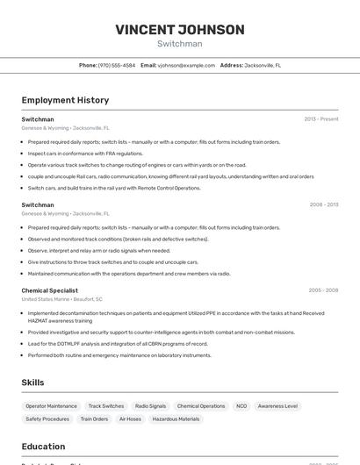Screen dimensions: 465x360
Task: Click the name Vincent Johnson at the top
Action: pos(180,30)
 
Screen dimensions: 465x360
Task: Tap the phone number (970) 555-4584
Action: pos(116,65)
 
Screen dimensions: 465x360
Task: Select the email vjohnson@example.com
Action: pos(186,65)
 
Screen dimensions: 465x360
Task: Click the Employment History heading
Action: pos(65,100)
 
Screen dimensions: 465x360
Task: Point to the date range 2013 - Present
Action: pos(320,118)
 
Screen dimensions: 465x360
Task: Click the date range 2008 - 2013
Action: pos(323,204)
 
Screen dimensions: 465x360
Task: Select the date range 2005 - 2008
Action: pos(323,290)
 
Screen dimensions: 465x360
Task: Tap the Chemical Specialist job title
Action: pos(49,290)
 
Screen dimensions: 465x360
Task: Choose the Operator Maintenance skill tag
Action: pos(51,406)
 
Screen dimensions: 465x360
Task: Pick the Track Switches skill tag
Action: pos(106,406)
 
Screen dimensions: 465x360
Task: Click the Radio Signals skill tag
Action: pos(150,406)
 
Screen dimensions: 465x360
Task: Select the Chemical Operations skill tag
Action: pos(201,406)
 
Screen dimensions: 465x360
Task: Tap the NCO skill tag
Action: pos(241,406)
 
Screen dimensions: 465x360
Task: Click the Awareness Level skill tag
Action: pos(277,406)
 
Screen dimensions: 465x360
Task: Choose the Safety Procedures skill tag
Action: pos(47,419)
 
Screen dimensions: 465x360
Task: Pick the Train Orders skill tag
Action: pos(94,419)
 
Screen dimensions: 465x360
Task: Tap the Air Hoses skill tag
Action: pos(130,419)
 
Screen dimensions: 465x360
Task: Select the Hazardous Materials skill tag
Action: pos(176,419)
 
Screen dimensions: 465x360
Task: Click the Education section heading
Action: pos(43,446)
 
